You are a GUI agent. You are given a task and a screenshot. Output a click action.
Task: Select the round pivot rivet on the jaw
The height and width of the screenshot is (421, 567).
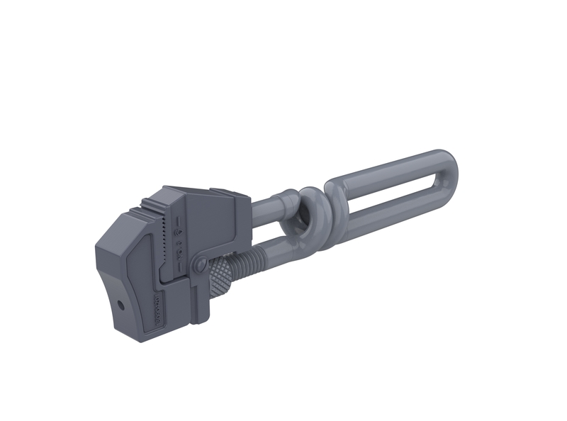point(199,266)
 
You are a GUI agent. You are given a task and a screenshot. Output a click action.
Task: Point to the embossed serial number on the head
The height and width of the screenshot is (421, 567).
point(157,311)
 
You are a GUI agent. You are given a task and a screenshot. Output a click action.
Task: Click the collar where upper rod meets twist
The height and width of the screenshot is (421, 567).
point(286,197)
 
